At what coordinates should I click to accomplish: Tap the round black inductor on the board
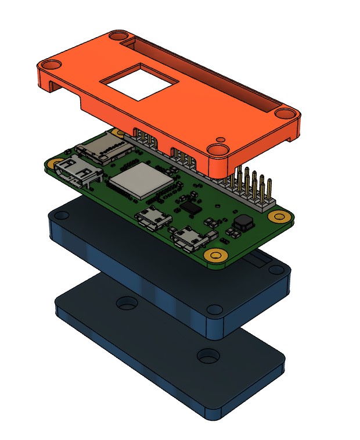tap(242, 221)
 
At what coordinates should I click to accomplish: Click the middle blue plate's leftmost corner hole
tap(58, 214)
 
